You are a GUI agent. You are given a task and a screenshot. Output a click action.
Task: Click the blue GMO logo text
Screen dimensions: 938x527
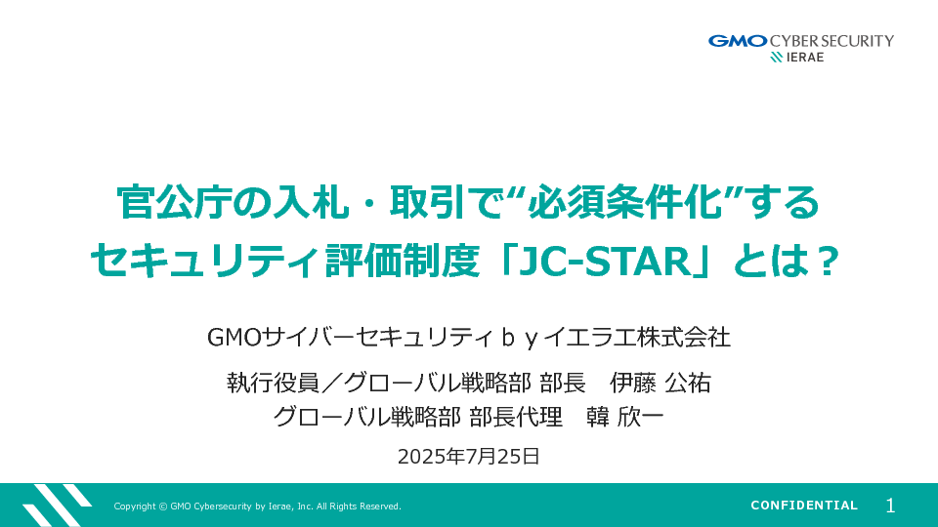pos(738,41)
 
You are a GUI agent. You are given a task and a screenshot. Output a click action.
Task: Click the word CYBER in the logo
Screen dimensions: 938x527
pos(792,41)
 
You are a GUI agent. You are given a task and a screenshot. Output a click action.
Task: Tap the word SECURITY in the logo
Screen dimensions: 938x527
pos(857,41)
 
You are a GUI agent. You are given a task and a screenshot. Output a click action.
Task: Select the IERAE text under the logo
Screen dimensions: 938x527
pos(805,58)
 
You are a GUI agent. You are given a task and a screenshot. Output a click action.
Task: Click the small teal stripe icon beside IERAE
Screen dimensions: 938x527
pos(777,58)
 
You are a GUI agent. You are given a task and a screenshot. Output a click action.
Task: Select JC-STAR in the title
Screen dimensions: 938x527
pos(604,262)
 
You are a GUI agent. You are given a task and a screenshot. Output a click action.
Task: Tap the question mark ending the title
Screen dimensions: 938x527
pos(830,262)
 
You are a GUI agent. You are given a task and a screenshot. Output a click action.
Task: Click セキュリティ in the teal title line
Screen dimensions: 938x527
pos(204,262)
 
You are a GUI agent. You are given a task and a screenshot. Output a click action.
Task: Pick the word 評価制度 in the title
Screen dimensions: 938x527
pos(402,262)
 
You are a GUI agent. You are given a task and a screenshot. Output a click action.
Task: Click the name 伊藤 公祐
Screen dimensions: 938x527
pos(661,383)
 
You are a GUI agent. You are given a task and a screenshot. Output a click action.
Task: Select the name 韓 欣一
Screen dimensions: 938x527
pos(625,417)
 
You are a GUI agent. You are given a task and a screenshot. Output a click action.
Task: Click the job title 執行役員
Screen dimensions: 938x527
pos(273,383)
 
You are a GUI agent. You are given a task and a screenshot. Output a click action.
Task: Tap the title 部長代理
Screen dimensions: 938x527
pos(516,417)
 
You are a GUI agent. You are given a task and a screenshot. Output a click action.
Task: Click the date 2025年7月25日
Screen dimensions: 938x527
pos(469,457)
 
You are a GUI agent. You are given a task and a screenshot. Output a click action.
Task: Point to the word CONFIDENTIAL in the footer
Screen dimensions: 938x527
pos(804,506)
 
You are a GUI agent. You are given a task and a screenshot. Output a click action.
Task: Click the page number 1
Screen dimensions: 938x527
pos(890,507)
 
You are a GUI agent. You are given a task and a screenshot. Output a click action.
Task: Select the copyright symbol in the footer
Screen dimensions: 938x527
pos(163,507)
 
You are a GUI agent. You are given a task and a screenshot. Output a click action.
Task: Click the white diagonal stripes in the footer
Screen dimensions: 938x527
pos(57,506)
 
